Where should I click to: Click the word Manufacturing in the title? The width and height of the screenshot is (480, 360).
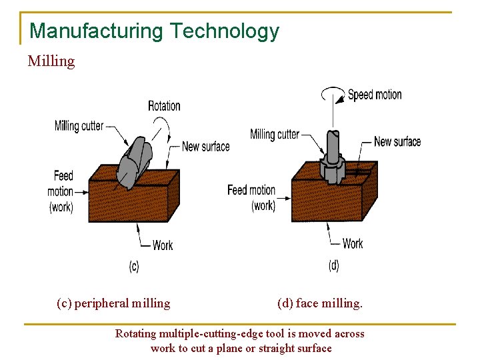pyautogui.click(x=97, y=31)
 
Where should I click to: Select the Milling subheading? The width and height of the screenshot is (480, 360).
pyautogui.click(x=51, y=61)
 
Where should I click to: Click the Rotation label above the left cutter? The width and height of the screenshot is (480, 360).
pyautogui.click(x=164, y=105)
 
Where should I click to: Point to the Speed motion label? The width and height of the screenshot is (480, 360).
pyautogui.click(x=375, y=95)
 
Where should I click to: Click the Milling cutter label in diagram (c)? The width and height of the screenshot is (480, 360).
pyautogui.click(x=79, y=125)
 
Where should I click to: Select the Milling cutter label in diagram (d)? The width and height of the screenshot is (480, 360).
pyautogui.click(x=274, y=134)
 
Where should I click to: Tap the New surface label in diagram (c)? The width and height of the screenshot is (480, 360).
pyautogui.click(x=205, y=146)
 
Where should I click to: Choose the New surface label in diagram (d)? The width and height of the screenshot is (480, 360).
pyautogui.click(x=397, y=141)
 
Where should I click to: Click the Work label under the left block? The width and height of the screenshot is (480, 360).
pyautogui.click(x=163, y=245)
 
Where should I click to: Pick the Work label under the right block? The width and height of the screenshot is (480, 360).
pyautogui.click(x=353, y=243)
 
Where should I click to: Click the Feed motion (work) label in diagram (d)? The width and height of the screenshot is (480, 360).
pyautogui.click(x=251, y=197)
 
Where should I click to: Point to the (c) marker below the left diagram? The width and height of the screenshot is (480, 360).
pyautogui.click(x=134, y=267)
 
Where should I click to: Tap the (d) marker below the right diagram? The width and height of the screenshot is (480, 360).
pyautogui.click(x=333, y=265)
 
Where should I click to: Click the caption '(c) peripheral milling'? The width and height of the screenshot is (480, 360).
pyautogui.click(x=113, y=303)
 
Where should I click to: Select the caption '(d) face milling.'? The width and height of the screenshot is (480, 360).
pyautogui.click(x=320, y=303)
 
